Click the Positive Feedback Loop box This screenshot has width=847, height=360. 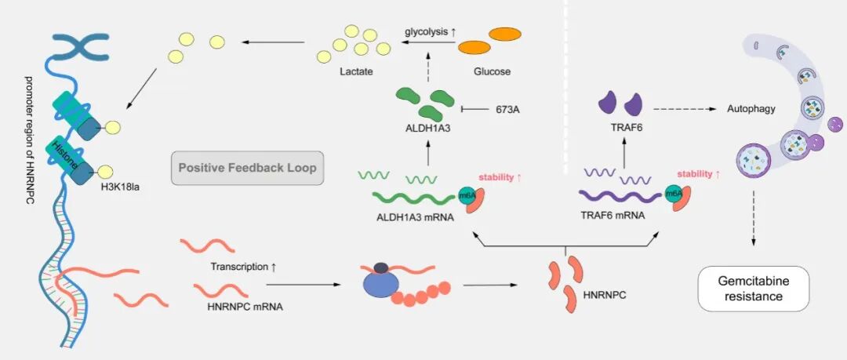[247, 168]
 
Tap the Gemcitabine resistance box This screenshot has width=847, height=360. [754, 289]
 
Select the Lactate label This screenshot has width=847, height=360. [356, 71]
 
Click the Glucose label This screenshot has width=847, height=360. [492, 71]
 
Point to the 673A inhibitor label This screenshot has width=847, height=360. [507, 109]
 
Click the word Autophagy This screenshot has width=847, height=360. [751, 109]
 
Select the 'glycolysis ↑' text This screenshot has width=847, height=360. [431, 32]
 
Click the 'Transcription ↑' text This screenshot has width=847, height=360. [244, 267]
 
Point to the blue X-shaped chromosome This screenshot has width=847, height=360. [81, 46]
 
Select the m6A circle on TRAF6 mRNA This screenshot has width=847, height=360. [671, 194]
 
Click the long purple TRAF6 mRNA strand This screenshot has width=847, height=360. [620, 195]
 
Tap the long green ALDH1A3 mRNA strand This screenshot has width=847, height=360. [415, 198]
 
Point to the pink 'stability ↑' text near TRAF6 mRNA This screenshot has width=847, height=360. [699, 174]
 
